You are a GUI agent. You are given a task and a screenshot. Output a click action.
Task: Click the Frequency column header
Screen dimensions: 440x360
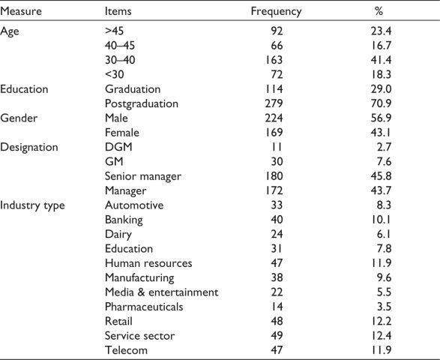(x=276, y=12)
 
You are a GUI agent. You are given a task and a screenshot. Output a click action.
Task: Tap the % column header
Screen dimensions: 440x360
(x=379, y=11)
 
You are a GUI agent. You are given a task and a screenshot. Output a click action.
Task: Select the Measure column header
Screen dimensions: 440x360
(x=21, y=11)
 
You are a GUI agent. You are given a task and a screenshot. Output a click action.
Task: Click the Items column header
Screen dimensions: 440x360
(x=118, y=11)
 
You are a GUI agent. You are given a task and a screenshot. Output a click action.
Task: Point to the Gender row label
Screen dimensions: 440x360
(x=19, y=118)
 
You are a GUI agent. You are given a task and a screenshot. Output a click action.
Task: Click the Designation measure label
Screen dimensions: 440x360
(x=29, y=148)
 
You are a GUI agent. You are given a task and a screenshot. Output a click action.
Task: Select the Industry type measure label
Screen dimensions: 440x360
(x=32, y=205)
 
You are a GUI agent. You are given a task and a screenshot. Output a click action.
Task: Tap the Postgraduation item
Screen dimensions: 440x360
(x=142, y=104)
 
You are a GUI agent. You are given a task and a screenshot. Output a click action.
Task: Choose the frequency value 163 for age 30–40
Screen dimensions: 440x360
(x=274, y=60)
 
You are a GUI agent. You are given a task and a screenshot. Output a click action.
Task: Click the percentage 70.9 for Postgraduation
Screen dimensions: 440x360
(x=381, y=103)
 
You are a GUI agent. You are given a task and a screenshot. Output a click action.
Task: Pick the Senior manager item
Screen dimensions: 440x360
(x=143, y=177)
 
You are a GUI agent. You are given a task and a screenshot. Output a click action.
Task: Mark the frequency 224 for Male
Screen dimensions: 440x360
(x=274, y=118)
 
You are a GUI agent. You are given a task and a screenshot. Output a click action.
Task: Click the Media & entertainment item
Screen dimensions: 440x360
(x=161, y=292)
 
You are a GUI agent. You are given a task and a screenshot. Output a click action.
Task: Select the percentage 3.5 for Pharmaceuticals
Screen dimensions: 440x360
(x=384, y=307)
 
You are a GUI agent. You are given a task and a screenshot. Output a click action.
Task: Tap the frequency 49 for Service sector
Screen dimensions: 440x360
(x=277, y=335)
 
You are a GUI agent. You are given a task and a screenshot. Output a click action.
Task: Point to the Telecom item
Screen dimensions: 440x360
(x=126, y=350)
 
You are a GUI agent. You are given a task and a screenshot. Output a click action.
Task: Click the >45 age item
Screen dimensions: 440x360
(x=114, y=31)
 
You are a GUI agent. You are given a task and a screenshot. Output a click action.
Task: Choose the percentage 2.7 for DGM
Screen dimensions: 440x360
(x=384, y=147)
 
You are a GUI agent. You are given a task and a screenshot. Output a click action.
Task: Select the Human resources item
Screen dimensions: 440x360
(x=148, y=263)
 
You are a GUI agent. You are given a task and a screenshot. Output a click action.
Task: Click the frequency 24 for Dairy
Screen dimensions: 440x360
(x=277, y=234)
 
